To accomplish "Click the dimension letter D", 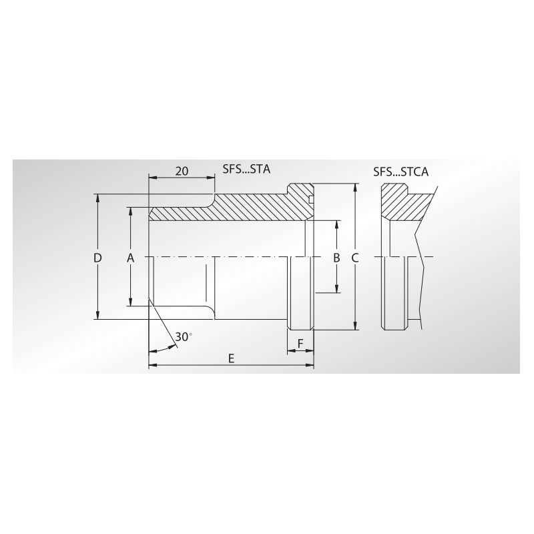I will coord(97,258).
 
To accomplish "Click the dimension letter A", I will coord(131,258).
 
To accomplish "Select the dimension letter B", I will coord(337,258).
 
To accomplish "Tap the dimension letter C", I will coord(355,258).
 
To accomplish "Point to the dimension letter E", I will coord(230,358).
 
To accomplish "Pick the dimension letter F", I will coord(300,344).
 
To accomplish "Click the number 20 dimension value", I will coord(181,171).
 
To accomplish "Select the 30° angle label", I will coord(183,336).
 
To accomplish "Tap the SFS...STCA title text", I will coord(400,172).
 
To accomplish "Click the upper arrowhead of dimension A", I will coord(131,211).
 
